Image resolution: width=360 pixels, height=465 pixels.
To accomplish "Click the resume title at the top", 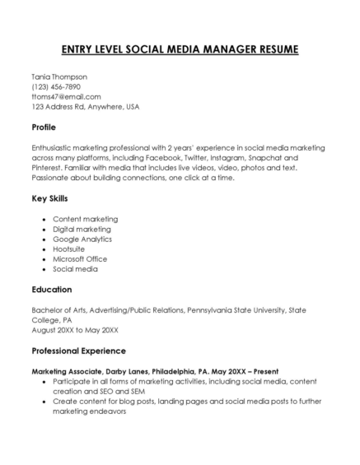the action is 180,49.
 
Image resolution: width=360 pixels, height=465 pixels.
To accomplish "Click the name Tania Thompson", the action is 59,77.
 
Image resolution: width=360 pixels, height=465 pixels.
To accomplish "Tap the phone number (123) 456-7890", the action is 56,86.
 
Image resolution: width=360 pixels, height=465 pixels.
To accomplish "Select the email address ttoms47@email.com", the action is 66,96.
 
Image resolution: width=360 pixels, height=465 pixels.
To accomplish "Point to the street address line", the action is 86,106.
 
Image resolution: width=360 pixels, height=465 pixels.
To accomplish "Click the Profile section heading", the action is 44,128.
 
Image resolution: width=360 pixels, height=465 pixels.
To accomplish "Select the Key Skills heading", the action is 49,198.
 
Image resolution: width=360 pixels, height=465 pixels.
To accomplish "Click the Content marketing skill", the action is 85,219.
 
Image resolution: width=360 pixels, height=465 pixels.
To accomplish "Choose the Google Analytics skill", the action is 85,239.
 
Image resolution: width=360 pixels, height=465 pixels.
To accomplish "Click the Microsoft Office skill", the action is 82,258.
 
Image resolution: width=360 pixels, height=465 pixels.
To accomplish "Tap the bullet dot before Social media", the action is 43,269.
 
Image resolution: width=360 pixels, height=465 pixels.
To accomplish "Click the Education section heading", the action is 52,290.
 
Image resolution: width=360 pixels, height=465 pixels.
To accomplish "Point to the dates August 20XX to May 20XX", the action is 75,330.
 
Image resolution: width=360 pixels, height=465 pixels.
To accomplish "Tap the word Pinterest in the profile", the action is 48,167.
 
